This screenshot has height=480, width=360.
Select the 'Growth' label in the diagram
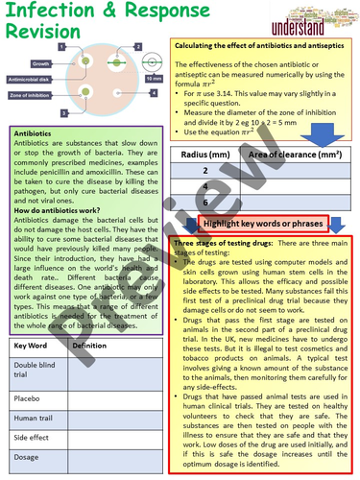click(40, 64)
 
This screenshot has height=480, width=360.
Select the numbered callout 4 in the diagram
click(153, 93)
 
